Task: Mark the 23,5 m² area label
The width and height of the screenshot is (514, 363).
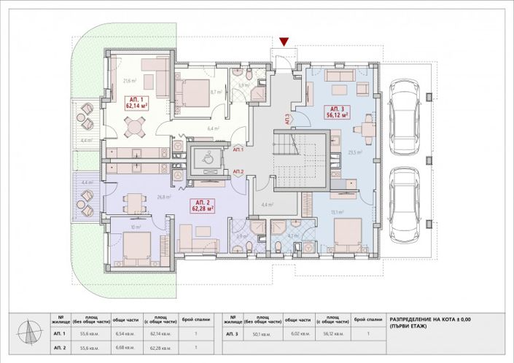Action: pos(356,152)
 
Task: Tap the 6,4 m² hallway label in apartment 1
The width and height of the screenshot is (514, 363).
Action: pos(213,128)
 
